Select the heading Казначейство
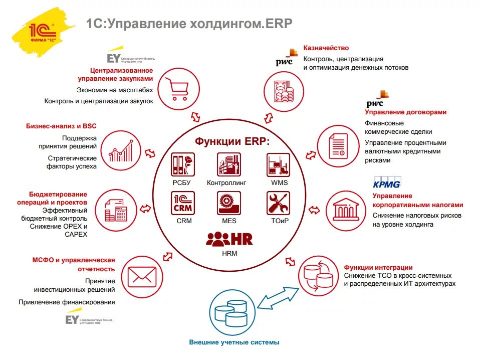(326, 48)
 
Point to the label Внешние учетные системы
(234, 342)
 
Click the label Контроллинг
(226, 183)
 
